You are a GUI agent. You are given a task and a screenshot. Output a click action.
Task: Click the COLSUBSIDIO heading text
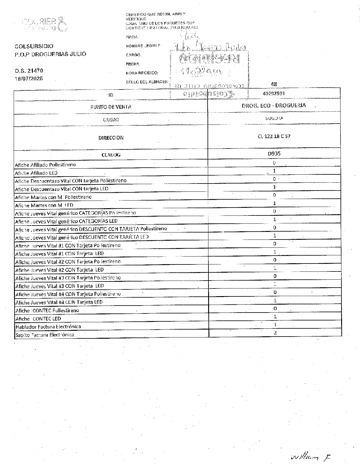(34, 46)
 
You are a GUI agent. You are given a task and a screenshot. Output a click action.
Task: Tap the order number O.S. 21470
(29, 71)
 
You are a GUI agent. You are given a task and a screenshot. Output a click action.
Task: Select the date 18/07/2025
(29, 78)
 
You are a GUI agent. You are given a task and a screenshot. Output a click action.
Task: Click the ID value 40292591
(274, 94)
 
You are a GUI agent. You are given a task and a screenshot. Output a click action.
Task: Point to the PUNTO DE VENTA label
(111, 107)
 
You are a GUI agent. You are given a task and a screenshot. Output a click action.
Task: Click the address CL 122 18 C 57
(274, 136)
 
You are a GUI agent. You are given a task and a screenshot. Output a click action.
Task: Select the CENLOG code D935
(274, 154)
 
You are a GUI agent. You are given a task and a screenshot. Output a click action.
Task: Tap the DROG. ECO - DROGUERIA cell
(274, 105)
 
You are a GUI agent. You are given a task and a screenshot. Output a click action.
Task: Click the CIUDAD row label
(111, 120)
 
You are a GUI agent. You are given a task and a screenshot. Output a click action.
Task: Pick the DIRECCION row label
(111, 138)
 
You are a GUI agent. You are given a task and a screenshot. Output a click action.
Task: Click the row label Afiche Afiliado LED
(36, 173)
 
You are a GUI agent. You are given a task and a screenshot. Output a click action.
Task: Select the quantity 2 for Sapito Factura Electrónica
(275, 333)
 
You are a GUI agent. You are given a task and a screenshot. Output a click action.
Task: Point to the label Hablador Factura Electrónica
(48, 327)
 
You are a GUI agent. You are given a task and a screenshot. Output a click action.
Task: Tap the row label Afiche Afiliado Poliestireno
(45, 165)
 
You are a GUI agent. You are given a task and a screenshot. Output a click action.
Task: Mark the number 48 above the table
(274, 84)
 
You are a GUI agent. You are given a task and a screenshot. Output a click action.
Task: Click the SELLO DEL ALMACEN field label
(147, 82)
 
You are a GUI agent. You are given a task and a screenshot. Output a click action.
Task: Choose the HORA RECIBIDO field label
(142, 73)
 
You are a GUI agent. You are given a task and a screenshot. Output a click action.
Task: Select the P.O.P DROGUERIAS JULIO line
(51, 54)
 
